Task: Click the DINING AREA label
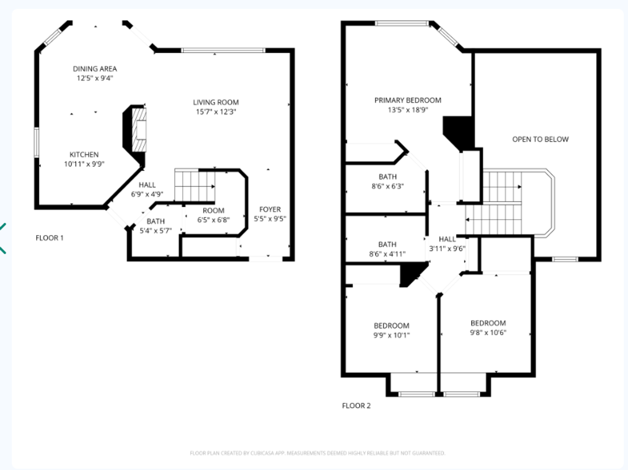pos(95,69)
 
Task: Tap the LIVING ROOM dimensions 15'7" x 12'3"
pos(216,112)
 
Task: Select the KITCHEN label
pos(84,154)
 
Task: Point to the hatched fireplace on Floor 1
pos(139,129)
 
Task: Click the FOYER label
pos(270,209)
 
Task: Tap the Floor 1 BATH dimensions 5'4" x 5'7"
pos(155,231)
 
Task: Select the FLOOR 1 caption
pos(50,238)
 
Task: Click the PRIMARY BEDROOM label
pos(408,100)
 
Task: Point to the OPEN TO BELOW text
pos(540,139)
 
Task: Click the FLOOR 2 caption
pos(356,406)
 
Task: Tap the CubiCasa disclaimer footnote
pos(317,453)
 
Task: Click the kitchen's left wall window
pos(37,142)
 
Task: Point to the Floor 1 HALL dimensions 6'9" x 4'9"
pos(147,194)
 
